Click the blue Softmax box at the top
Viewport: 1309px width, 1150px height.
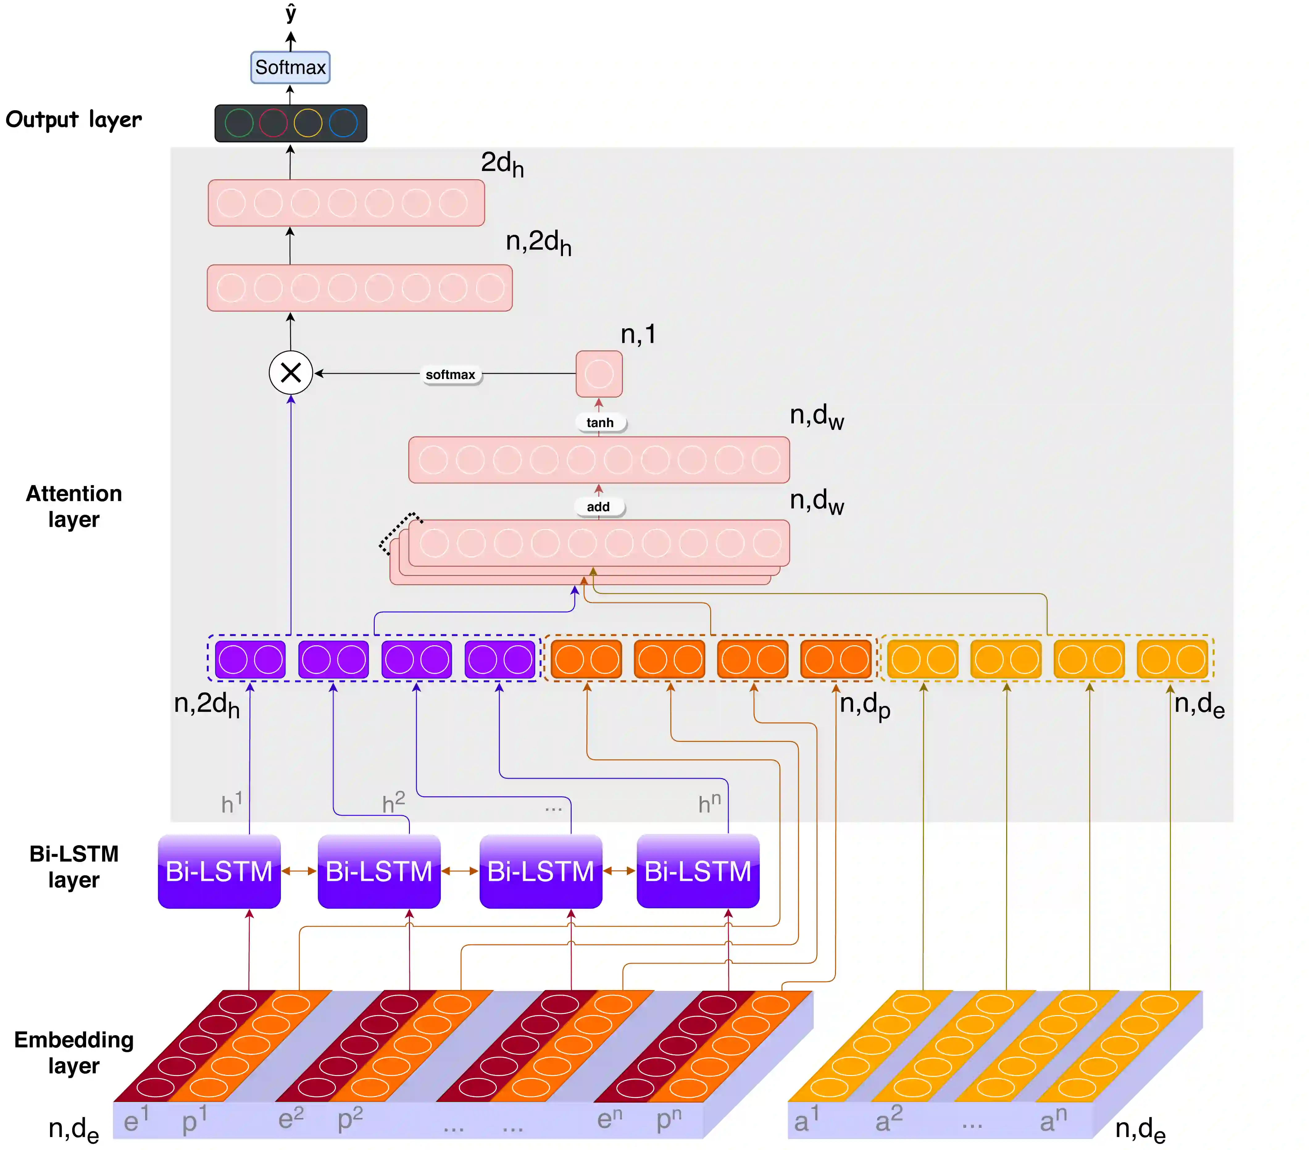(x=290, y=67)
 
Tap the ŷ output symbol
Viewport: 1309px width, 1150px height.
(x=291, y=13)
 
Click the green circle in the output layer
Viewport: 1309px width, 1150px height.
(x=239, y=123)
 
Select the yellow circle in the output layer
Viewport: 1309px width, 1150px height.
(x=307, y=123)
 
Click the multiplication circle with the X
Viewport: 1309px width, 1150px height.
(x=291, y=373)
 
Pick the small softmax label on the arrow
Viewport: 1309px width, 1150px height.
(x=450, y=375)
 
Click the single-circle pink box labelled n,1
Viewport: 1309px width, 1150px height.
(x=599, y=374)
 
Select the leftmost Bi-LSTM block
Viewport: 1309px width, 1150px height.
(x=219, y=872)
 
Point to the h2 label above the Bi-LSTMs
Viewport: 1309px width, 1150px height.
(x=393, y=802)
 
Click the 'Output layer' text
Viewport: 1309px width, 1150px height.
(x=74, y=120)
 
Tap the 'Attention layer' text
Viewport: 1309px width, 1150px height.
(x=74, y=506)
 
